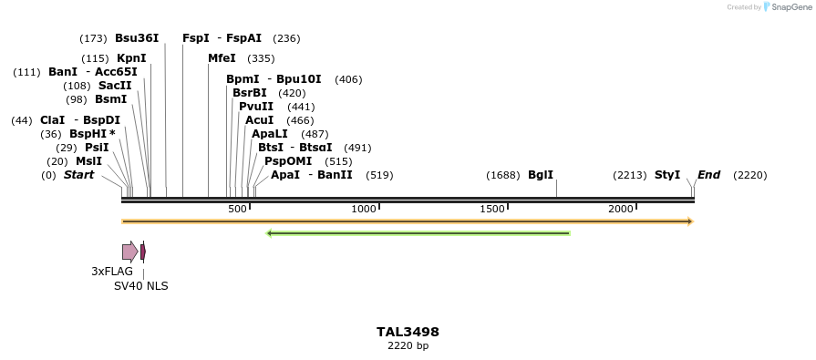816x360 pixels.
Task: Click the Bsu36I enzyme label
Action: point(137,38)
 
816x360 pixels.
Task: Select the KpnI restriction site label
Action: point(131,58)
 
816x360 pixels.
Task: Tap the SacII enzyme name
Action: point(115,86)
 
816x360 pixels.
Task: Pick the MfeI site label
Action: point(222,58)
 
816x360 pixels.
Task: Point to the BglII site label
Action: point(541,175)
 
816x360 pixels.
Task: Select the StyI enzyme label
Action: point(667,175)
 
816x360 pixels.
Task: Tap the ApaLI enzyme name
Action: point(270,134)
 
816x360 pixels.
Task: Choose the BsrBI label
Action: point(250,93)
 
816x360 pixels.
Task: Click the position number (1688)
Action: point(502,175)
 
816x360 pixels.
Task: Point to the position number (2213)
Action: point(630,175)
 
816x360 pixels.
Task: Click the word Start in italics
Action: point(78,175)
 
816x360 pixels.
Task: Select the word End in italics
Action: point(709,175)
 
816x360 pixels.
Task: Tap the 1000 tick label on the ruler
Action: point(364,210)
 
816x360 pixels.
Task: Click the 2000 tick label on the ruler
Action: point(621,210)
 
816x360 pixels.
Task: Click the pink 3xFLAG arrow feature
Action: point(129,252)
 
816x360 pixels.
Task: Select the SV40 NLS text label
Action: point(140,286)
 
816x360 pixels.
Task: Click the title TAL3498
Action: point(408,332)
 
